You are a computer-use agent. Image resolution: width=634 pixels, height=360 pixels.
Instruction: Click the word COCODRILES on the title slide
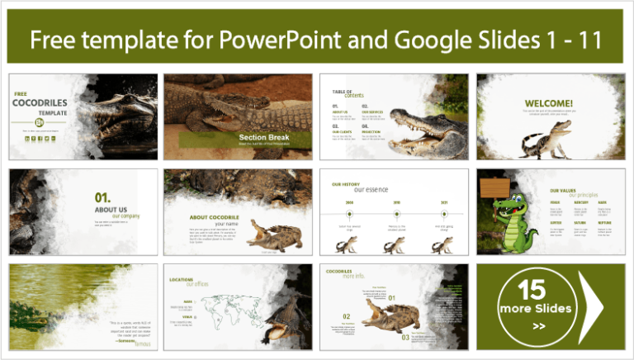coord(39,103)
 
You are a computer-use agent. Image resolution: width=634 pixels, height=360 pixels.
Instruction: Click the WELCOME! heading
coord(548,104)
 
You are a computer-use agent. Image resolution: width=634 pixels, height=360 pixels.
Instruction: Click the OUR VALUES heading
coord(562,191)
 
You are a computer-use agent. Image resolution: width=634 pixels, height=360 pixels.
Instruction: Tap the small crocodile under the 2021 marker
coord(442,244)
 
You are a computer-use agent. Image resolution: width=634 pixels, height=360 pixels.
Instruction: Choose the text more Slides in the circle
coord(534,309)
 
